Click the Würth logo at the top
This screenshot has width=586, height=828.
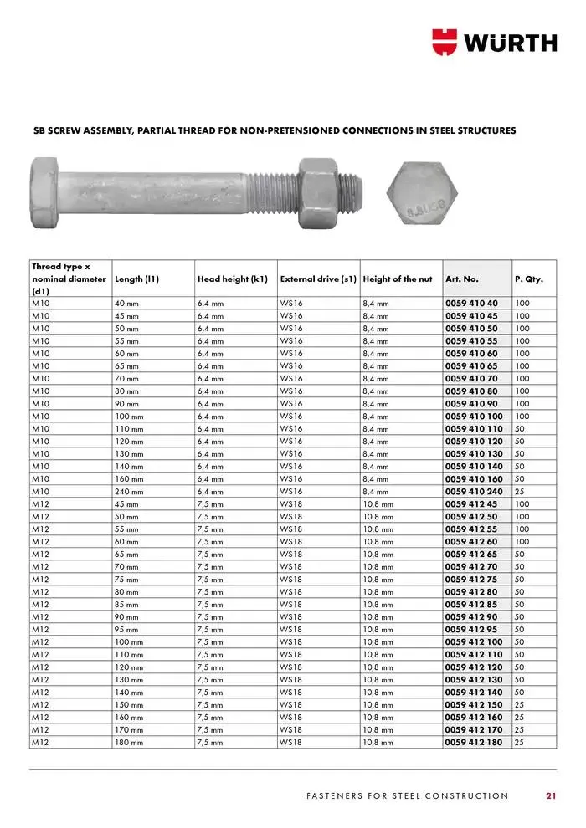[x=494, y=41]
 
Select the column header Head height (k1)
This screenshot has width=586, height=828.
[x=232, y=279]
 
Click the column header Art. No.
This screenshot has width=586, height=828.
[x=462, y=279]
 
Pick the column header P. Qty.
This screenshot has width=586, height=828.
[x=528, y=279]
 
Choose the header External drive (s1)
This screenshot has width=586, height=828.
[x=318, y=279]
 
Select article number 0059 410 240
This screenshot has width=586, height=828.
[x=474, y=492]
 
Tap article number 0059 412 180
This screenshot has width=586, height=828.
[x=474, y=742]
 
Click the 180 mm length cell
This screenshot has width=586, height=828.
[x=129, y=742]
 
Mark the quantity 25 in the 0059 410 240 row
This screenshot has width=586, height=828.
[x=520, y=492]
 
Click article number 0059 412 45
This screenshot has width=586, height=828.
[x=471, y=504]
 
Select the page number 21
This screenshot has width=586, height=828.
[x=551, y=795]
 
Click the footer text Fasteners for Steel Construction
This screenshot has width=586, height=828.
[x=407, y=795]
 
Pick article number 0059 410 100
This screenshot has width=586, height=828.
[x=474, y=417]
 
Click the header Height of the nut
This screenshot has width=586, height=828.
[x=398, y=279]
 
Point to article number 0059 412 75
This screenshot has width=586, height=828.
[x=471, y=579]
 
